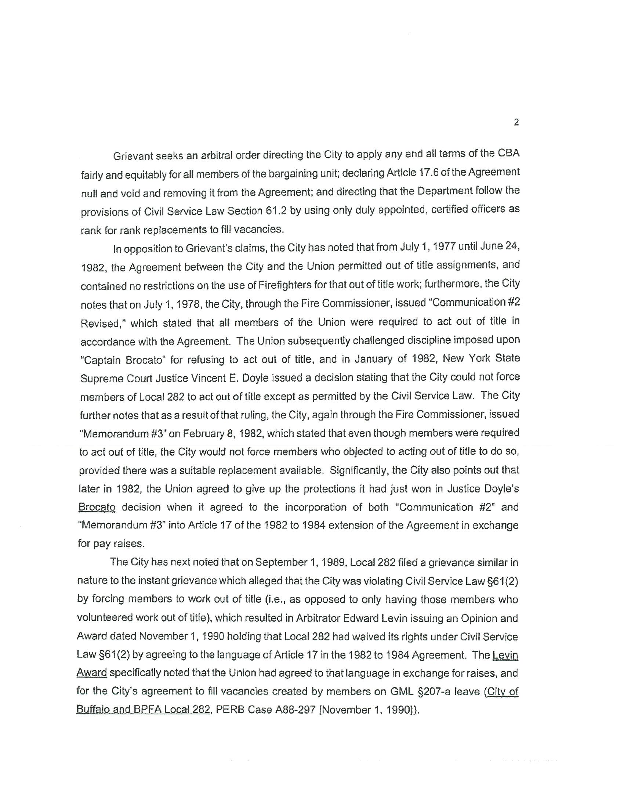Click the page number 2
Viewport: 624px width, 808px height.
pyautogui.click(x=516, y=122)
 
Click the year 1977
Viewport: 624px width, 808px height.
pyautogui.click(x=442, y=247)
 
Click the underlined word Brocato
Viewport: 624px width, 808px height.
pyautogui.click(x=97, y=507)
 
